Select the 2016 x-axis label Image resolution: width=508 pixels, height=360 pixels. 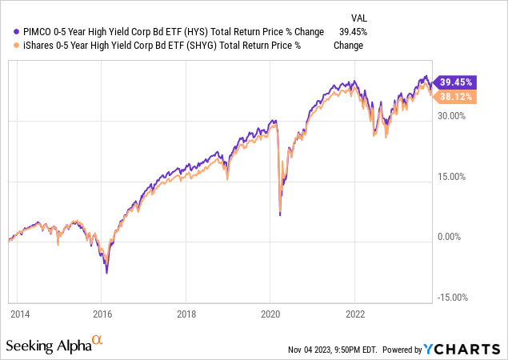click(x=102, y=314)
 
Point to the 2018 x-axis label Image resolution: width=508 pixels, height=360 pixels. click(x=186, y=314)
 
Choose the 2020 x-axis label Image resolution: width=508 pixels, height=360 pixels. click(x=270, y=314)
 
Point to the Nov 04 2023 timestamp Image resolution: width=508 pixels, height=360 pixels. click(x=334, y=350)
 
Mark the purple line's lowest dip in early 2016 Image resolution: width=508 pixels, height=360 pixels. click(x=106, y=273)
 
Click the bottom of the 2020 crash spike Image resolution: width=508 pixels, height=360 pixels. click(x=280, y=214)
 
